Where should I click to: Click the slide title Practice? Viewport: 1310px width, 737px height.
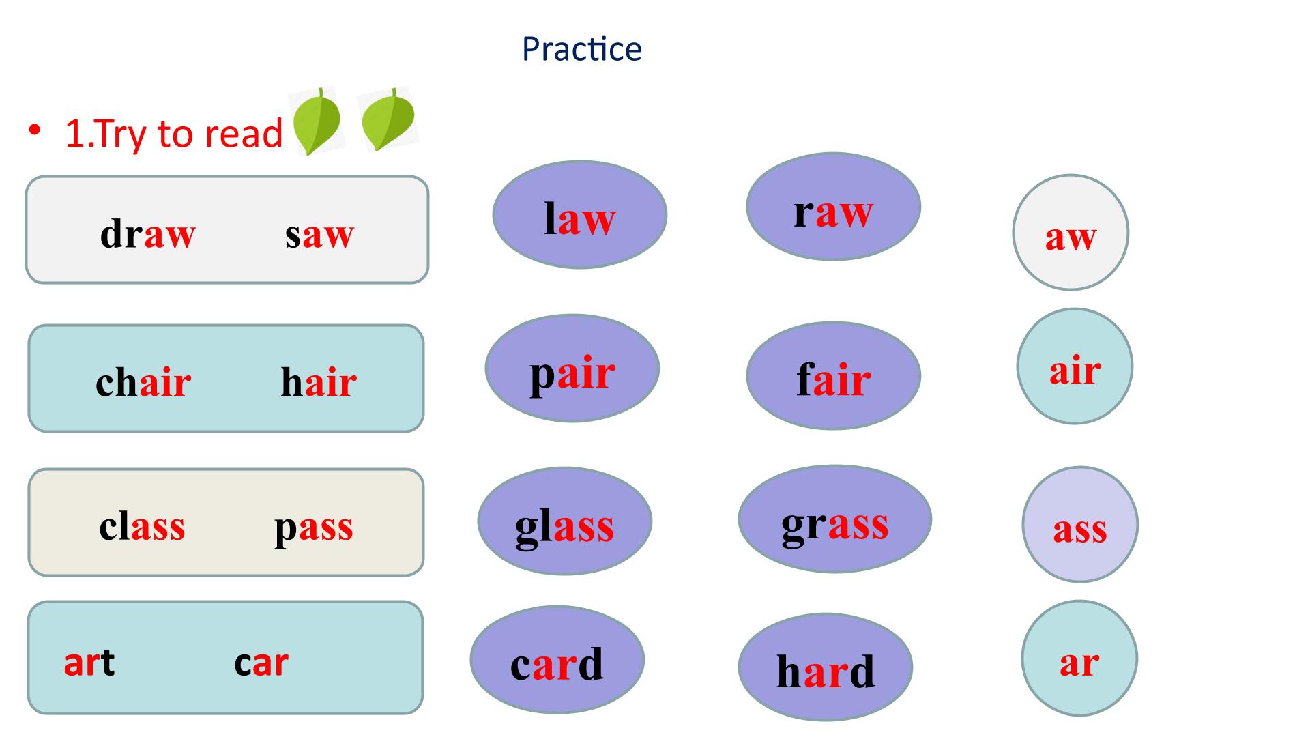coord(581,49)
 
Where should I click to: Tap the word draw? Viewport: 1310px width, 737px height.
coord(147,234)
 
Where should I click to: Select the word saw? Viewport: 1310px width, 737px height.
coord(319,235)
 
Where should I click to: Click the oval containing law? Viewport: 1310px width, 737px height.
coord(579,214)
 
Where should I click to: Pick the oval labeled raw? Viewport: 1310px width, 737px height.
coord(833,206)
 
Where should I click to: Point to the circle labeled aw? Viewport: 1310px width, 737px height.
coord(1071,233)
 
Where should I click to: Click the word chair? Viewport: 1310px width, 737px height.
coord(143,381)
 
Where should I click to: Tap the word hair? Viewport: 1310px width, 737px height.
coord(319,381)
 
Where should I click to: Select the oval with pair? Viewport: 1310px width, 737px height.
coord(572,369)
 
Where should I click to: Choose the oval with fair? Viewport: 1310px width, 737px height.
coord(833,375)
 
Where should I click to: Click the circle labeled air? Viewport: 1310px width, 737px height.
coord(1075,366)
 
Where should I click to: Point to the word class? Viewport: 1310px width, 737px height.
coord(142,526)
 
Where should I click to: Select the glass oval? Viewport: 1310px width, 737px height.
coord(564,521)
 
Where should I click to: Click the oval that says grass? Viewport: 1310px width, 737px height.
coord(834,519)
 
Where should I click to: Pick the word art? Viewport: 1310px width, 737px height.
coord(89,662)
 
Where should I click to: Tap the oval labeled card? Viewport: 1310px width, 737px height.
coord(557,660)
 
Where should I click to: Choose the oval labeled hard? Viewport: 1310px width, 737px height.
coord(825,667)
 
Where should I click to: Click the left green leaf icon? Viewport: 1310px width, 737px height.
coord(316,121)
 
